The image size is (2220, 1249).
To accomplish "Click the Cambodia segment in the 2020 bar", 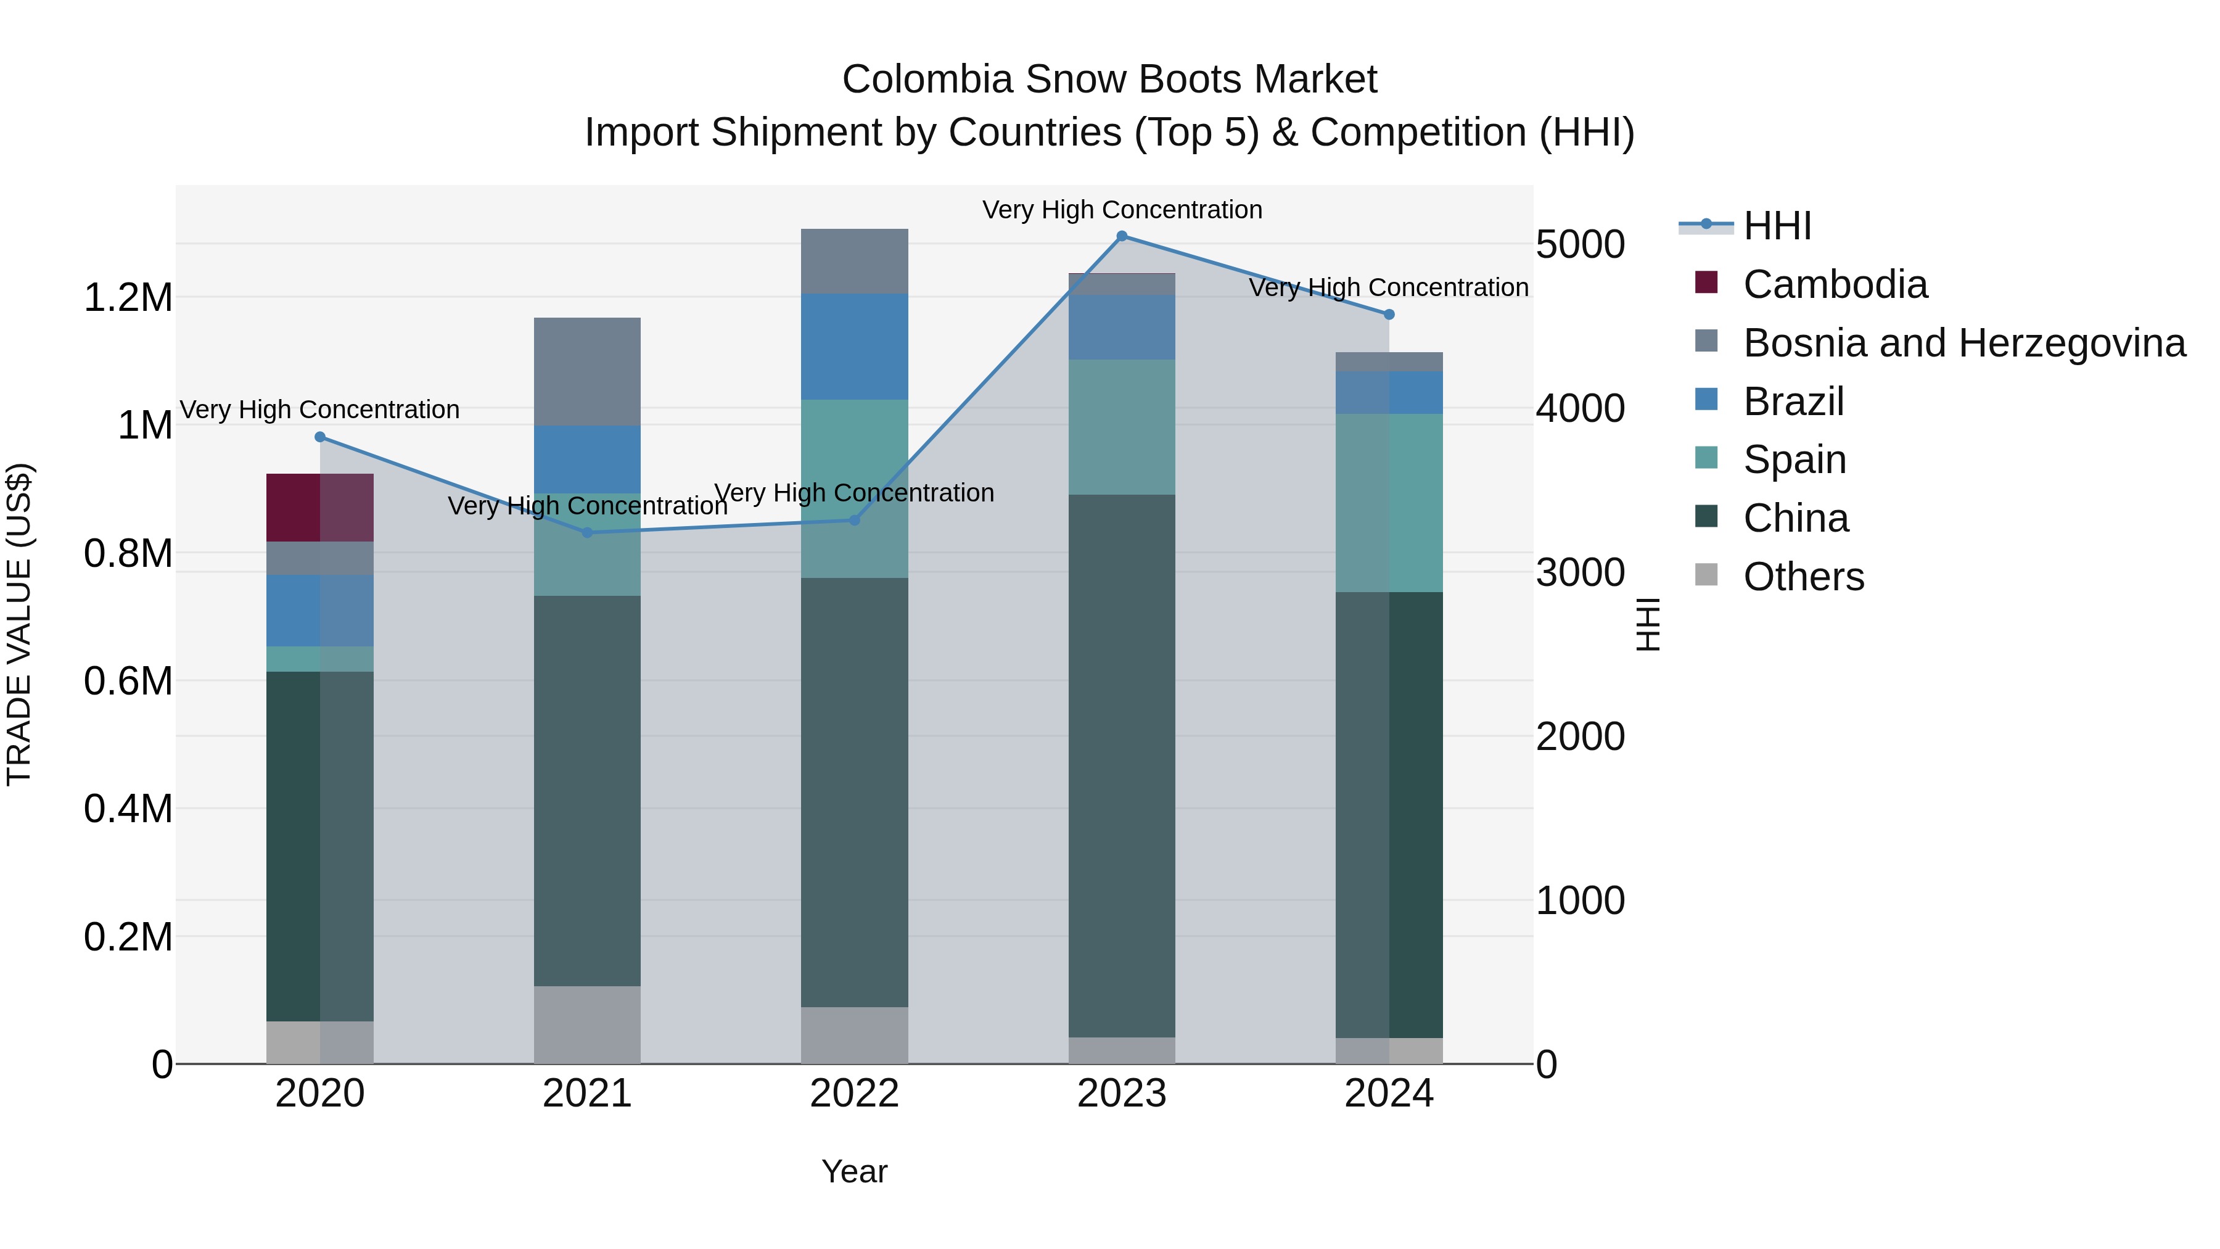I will pos(319,508).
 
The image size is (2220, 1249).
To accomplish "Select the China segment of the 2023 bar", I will pos(1121,765).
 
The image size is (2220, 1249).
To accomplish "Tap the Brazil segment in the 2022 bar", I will pos(854,347).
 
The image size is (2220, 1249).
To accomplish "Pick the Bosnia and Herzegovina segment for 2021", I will pos(587,371).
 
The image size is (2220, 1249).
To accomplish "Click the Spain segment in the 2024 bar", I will pos(1388,503).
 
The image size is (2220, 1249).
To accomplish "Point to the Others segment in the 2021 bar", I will pos(587,1025).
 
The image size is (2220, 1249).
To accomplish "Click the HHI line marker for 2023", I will pos(1121,236).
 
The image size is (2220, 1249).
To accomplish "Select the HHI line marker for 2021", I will pos(587,533).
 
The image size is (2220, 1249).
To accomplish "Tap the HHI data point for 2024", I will pos(1388,315).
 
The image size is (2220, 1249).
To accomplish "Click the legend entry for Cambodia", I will pos(1834,284).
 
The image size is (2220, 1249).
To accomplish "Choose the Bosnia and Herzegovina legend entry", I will pos(1963,343).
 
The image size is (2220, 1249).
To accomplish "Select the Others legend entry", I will pos(1803,577).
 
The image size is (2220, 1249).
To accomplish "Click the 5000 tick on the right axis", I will pos(1580,245).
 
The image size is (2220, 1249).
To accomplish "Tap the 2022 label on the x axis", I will pos(854,1094).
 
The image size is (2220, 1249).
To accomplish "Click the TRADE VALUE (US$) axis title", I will pos(19,624).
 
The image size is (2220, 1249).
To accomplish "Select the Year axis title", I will pos(854,1171).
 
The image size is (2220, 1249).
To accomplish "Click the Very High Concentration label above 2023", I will pos(1121,210).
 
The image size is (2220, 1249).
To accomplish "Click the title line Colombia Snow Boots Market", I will pos(1109,80).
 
